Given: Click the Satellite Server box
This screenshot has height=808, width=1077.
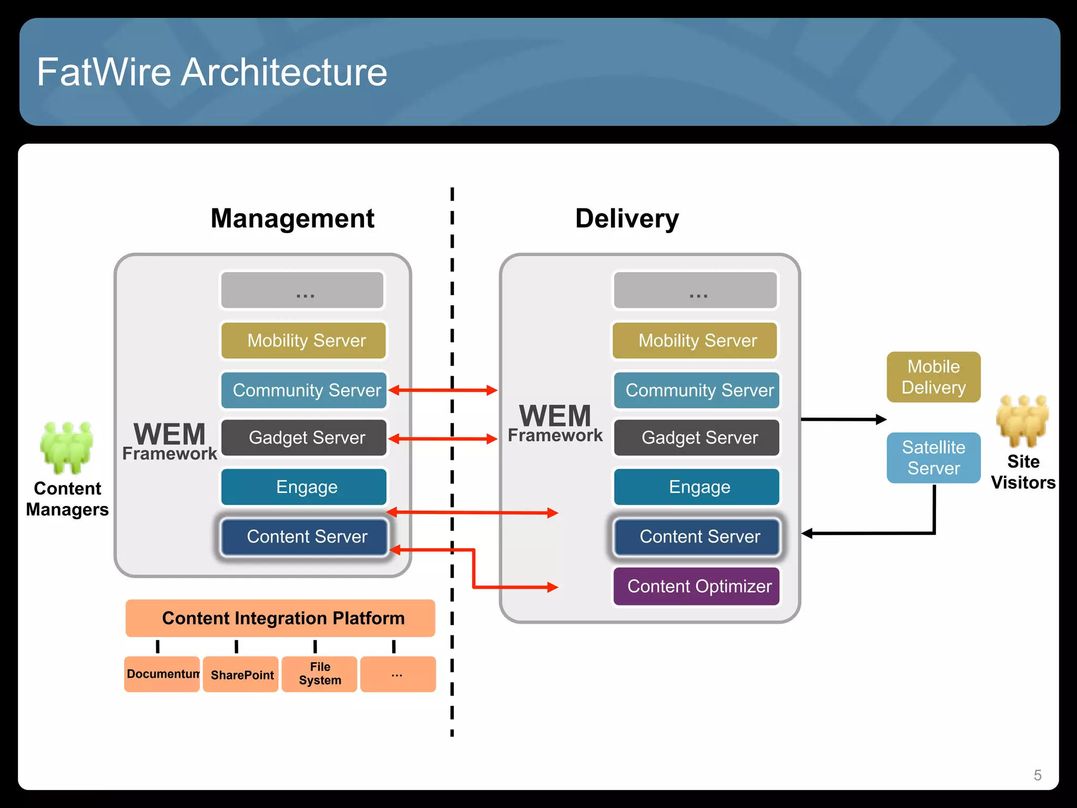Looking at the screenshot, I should pos(933,458).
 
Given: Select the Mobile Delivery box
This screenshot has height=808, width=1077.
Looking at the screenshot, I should pos(933,377).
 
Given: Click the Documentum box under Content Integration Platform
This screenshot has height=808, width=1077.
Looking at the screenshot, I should pos(162,674).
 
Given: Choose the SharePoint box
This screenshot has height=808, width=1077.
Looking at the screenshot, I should pos(241,674).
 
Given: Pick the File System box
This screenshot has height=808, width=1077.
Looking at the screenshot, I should pos(319,674).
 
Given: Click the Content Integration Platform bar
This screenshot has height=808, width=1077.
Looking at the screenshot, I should pos(280,618).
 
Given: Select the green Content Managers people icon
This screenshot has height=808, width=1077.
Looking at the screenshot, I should pos(67,447).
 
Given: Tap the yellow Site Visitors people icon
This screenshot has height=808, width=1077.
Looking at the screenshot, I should pos(1022,421).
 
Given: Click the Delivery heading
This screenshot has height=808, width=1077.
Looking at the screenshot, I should pos(627,218).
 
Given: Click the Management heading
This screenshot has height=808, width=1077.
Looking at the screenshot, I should pos(292,218).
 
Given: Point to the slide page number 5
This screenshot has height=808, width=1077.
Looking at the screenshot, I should pos(1037,775).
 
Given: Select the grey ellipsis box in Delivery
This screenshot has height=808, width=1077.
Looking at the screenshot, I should pos(695,290).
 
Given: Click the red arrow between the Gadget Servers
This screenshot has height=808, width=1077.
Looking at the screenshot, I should pos(443,439).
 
